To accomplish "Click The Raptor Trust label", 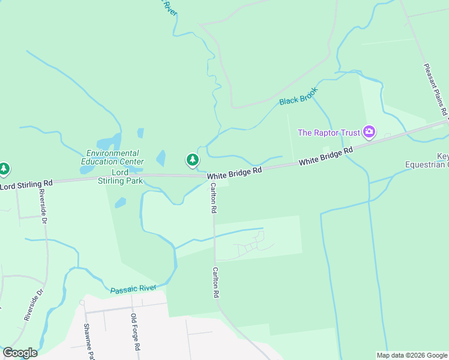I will [329, 133].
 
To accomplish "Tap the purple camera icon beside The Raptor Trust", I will [369, 132].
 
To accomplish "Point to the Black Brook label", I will [298, 96].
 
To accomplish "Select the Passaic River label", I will [133, 289].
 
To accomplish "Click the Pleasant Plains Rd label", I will [436, 89].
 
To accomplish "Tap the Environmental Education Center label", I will [113, 157].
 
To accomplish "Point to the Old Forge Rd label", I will [136, 332].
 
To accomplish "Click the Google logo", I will [20, 353].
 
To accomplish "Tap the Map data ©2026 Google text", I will [412, 355].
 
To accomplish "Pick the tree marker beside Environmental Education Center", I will [192, 160].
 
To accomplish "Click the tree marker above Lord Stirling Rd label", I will [5, 169].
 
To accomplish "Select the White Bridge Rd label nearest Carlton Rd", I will [235, 171].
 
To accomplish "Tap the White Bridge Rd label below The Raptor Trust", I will [325, 158].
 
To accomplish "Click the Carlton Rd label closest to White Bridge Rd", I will [213, 199].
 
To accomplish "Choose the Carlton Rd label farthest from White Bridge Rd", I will [214, 283].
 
